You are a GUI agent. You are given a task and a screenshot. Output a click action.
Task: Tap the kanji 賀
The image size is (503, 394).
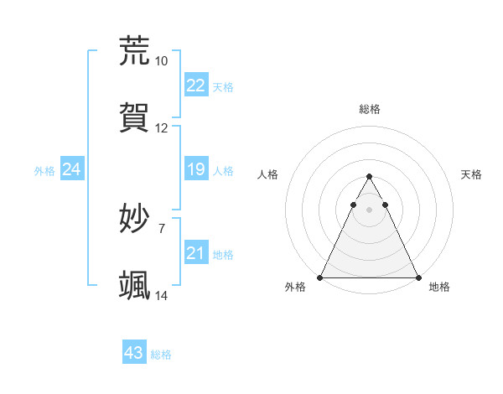[135, 117]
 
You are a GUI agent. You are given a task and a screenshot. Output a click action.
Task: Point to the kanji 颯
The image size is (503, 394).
[135, 285]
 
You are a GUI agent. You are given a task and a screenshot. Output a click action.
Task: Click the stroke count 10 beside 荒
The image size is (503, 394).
[162, 61]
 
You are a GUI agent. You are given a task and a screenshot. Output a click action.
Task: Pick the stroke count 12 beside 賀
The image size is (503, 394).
[162, 128]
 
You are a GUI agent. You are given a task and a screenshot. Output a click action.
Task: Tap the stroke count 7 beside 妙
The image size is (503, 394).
[162, 228]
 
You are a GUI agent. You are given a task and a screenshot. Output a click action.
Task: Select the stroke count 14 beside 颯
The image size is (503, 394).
[162, 296]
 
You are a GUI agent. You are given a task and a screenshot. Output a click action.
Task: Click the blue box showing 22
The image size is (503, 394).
[196, 86]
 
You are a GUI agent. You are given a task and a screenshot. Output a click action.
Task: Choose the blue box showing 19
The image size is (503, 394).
[196, 170]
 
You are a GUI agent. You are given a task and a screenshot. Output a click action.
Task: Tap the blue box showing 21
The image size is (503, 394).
[196, 253]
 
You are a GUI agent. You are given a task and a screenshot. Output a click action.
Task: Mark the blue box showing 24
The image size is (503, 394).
[72, 170]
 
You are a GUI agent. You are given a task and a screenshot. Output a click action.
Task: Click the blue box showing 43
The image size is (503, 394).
[134, 353]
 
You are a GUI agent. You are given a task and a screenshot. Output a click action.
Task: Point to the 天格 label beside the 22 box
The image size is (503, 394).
[223, 87]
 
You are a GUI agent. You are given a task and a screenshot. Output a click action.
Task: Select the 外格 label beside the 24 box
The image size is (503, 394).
[45, 171]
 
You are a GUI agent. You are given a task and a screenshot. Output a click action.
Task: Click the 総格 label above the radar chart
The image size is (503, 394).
[369, 109]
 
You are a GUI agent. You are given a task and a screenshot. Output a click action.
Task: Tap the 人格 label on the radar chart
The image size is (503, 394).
[268, 174]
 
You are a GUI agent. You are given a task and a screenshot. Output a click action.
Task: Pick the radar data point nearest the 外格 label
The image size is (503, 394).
[320, 277]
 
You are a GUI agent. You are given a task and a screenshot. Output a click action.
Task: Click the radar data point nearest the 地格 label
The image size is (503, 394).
[417, 277]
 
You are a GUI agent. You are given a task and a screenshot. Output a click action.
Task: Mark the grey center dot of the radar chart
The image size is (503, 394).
[369, 210]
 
